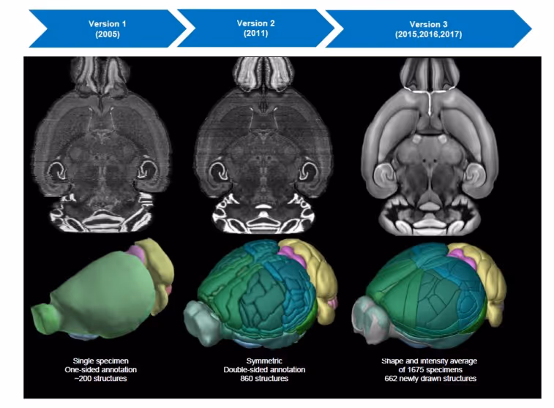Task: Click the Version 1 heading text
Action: coord(108,23)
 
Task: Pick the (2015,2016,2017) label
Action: coord(427,34)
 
